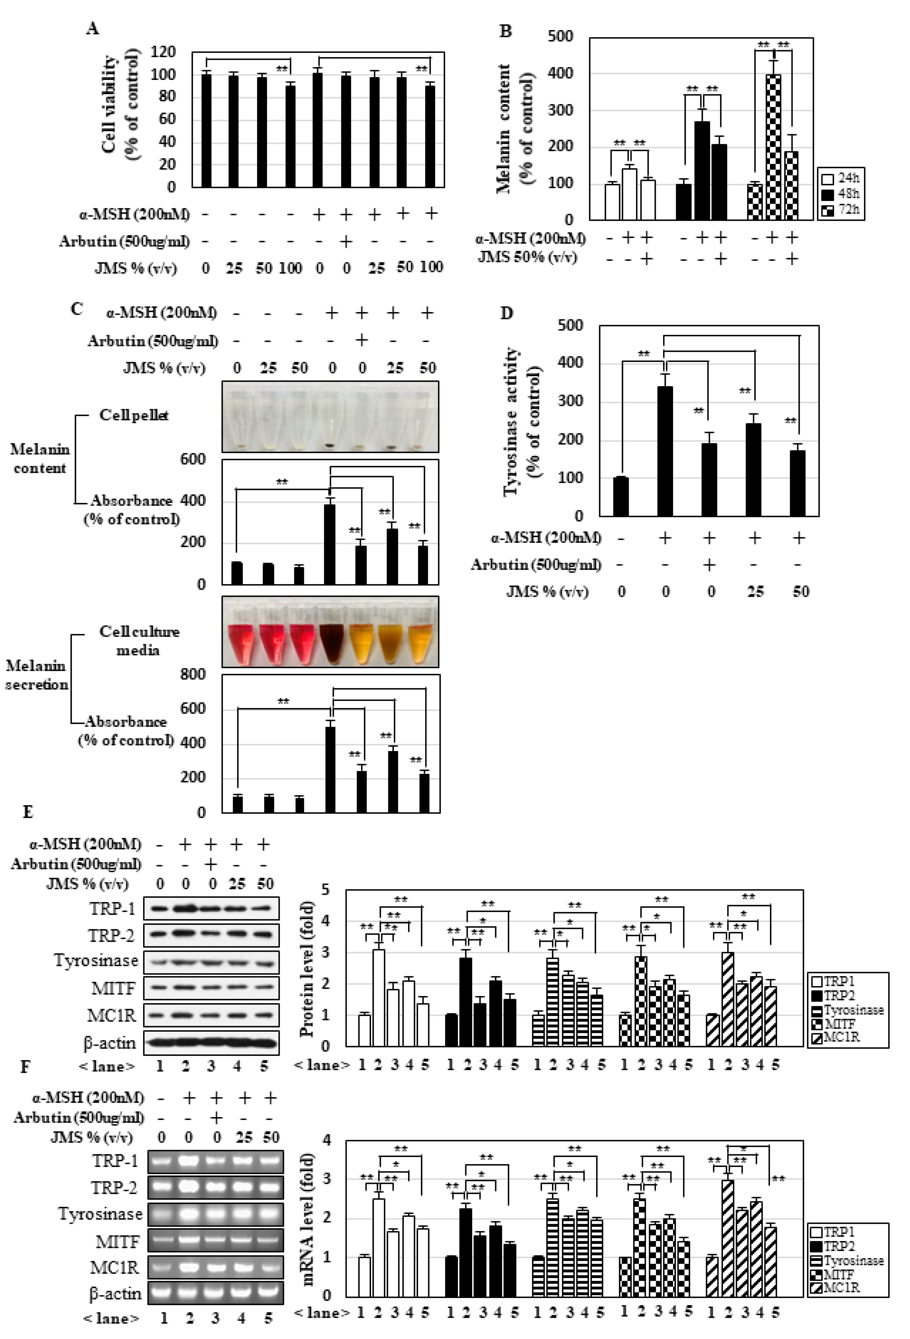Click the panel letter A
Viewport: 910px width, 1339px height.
pos(92,29)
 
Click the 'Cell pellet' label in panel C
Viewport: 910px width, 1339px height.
pos(134,415)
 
